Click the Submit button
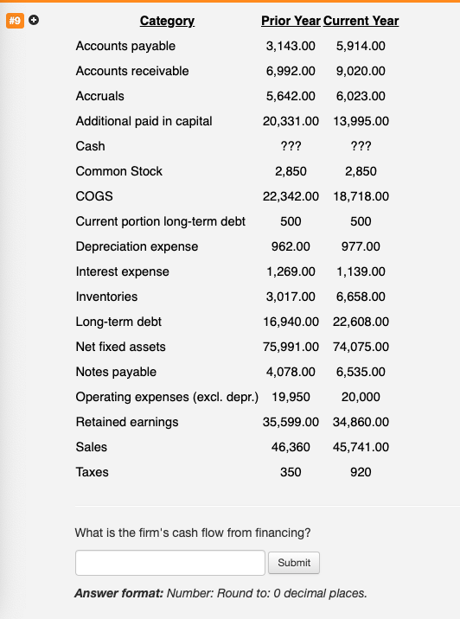pyautogui.click(x=294, y=563)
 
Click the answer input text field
pyautogui.click(x=169, y=563)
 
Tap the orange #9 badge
pyautogui.click(x=15, y=20)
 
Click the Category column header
pyautogui.click(x=167, y=21)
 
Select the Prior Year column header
pyautogui.click(x=291, y=21)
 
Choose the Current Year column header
pyautogui.click(x=361, y=21)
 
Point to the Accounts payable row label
pyautogui.click(x=125, y=46)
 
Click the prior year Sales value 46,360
pyautogui.click(x=291, y=447)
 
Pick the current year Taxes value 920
pyautogui.click(x=361, y=472)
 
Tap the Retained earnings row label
pyautogui.click(x=127, y=422)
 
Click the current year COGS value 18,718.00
pyautogui.click(x=361, y=196)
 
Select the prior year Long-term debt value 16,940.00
pyautogui.click(x=291, y=322)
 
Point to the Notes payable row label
pyautogui.click(x=116, y=372)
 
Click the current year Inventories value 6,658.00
pyautogui.click(x=361, y=297)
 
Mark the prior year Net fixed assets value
pyautogui.click(x=291, y=347)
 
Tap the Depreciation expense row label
pyautogui.click(x=137, y=246)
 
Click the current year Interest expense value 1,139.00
pyautogui.click(x=361, y=271)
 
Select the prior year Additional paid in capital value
pyautogui.click(x=291, y=121)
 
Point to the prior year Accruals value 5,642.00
pyautogui.click(x=291, y=96)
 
